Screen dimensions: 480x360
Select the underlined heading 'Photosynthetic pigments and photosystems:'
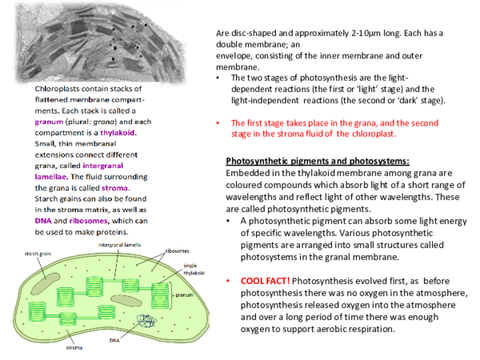pos(318,161)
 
